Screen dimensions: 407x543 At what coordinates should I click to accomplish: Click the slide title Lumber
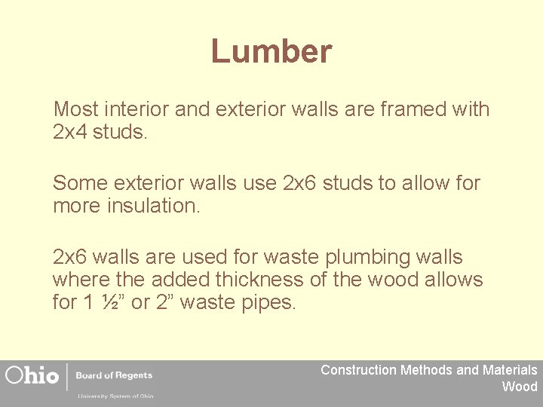point(271,52)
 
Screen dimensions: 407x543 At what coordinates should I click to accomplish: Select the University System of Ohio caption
point(115,396)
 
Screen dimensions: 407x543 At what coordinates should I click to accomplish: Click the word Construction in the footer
point(358,370)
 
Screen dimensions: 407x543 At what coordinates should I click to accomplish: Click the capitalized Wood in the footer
point(520,387)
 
